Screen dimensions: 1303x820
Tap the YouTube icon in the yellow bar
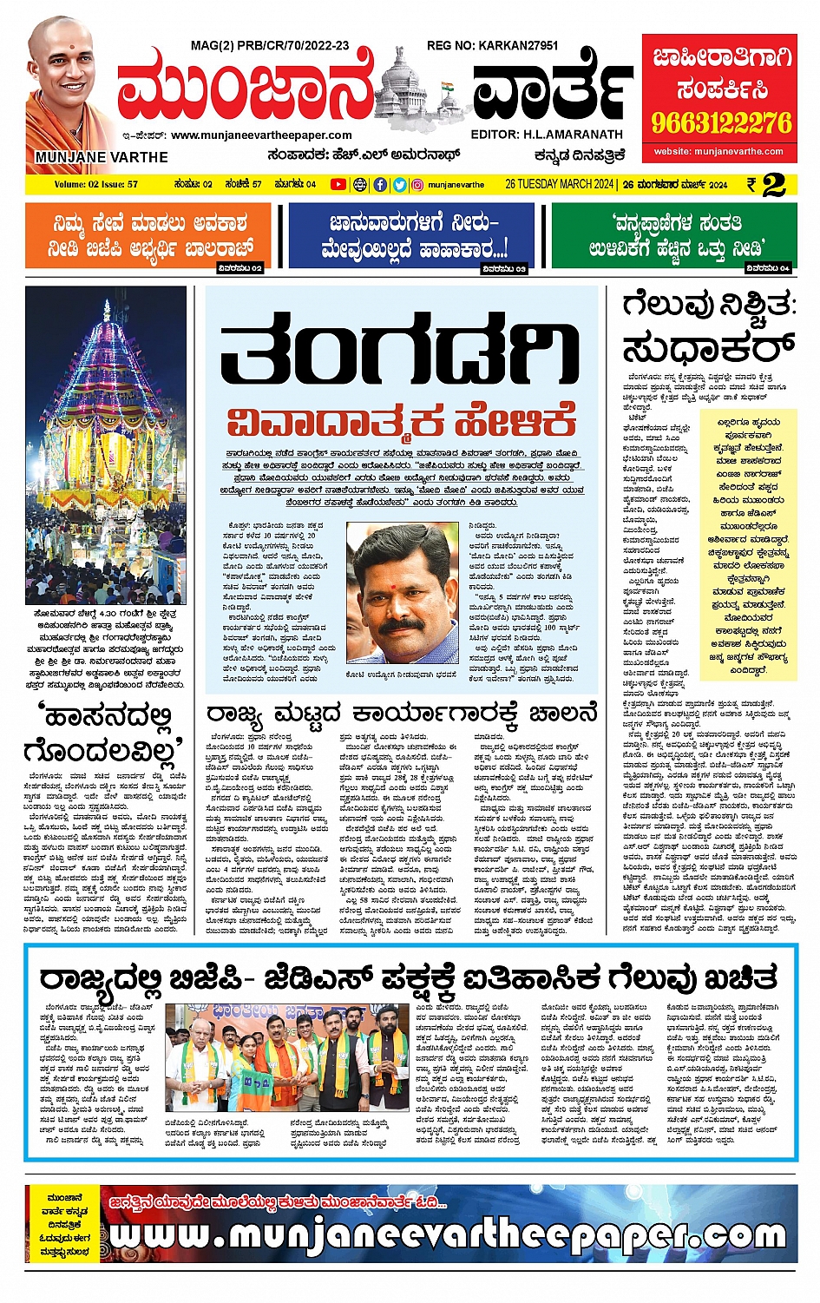coord(338,184)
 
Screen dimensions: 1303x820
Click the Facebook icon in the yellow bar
coord(380,184)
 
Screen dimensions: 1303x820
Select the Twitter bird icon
coord(399,184)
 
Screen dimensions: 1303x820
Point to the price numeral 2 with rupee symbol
coord(767,185)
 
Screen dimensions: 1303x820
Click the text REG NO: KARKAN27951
coord(492,45)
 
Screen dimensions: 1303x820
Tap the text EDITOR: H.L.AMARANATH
coord(547,135)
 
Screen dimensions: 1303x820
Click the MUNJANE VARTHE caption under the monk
coord(102,157)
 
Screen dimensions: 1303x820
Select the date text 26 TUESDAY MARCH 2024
coord(561,184)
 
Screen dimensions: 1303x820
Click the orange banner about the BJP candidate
coord(148,236)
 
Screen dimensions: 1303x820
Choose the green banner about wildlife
coord(674,236)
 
